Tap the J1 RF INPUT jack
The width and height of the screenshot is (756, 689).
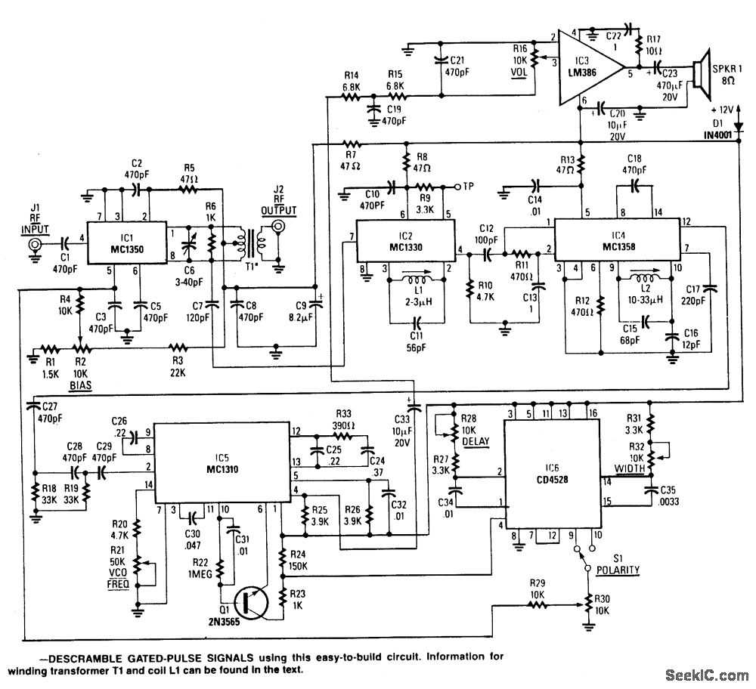(33, 245)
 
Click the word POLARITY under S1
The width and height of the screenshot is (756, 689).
(617, 570)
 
